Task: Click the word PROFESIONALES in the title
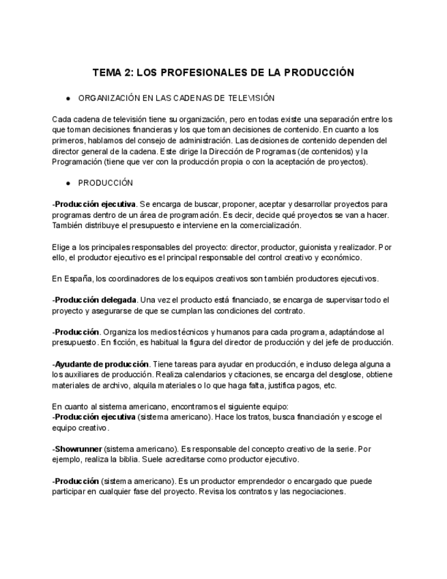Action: (x=182, y=73)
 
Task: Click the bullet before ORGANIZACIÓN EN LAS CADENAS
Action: (x=68, y=98)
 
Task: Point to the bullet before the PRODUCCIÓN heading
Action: (x=68, y=183)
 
